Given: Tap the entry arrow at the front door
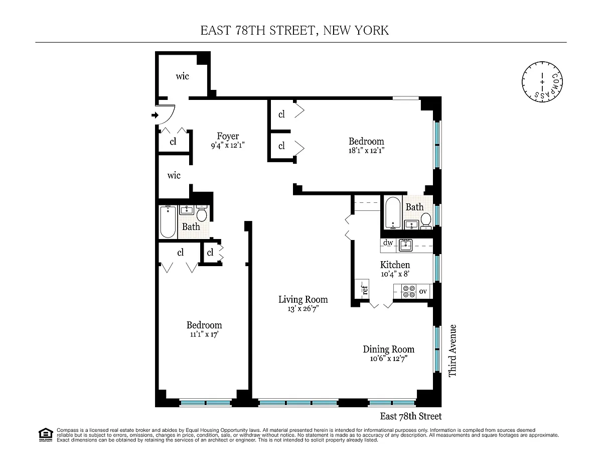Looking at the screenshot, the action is [x=155, y=115].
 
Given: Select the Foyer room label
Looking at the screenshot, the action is [x=228, y=136].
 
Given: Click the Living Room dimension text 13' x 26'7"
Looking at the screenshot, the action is [x=303, y=309].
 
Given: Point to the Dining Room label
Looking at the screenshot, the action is [x=389, y=349].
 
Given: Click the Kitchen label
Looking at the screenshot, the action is [x=395, y=265].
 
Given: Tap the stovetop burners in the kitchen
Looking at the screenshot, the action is [x=409, y=291].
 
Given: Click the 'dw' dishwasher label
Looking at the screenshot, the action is [x=388, y=243].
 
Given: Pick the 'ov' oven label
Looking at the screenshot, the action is [x=423, y=291].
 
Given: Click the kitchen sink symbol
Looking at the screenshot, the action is [x=405, y=246].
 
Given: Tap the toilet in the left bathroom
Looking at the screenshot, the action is [x=202, y=213].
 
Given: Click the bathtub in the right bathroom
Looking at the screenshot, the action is [x=393, y=213].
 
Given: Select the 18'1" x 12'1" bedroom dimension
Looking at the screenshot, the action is [x=366, y=151].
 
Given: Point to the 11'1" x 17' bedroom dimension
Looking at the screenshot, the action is [x=204, y=334].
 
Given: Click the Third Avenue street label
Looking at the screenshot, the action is [x=453, y=351].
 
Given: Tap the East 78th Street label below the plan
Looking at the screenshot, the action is [x=410, y=416].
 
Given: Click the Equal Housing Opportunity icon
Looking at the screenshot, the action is [x=46, y=435].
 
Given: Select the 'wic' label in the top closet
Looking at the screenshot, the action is [x=182, y=76].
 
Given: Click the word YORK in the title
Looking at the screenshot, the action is [x=372, y=31].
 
